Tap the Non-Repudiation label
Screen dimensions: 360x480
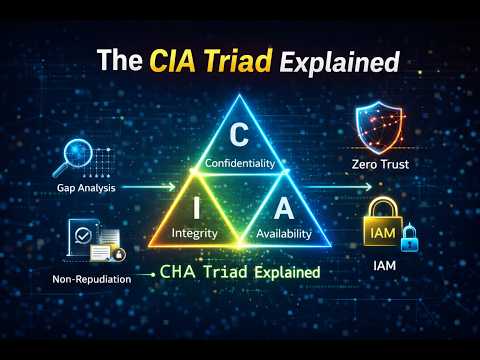click(x=91, y=279)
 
